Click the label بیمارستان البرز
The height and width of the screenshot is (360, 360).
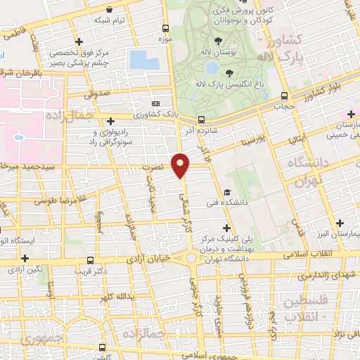(x=339, y=233)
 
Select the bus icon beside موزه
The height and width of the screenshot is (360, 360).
(x=165, y=28)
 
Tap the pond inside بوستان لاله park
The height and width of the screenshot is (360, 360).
(x=212, y=68)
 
